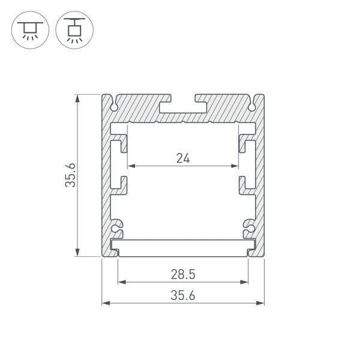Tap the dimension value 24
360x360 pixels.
(183, 158)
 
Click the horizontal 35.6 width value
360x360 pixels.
(183, 295)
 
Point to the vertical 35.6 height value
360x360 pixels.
(71, 175)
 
